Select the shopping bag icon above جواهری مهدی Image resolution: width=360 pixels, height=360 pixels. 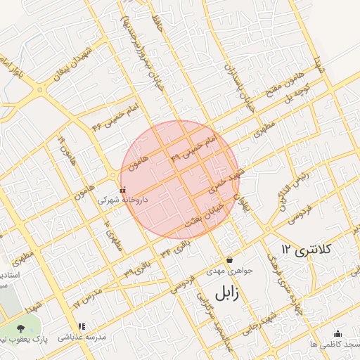[x=229, y=259]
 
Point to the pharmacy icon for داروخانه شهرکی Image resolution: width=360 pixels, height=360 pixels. [x=124, y=190]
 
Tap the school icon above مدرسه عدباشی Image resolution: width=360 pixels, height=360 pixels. [x=82, y=327]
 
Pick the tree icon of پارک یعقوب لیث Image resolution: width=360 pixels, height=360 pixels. [x=20, y=328]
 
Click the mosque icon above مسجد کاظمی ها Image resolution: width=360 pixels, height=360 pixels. [x=337, y=333]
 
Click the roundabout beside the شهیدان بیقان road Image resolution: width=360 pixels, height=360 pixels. [x=40, y=90]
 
